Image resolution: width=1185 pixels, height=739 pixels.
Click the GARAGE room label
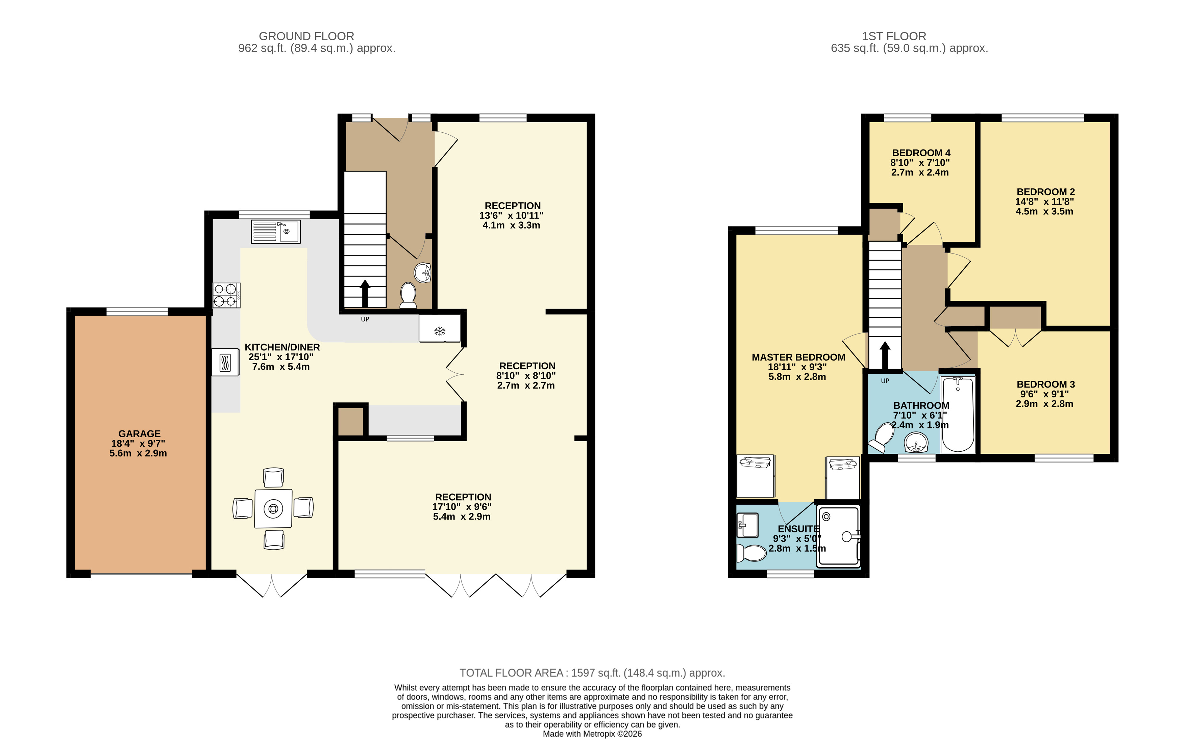tap(140, 433)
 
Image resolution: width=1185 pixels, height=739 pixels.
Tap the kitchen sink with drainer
tap(276, 232)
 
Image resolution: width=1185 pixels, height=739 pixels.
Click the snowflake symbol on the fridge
tap(440, 332)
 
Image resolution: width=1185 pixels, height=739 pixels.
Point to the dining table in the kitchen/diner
tap(273, 509)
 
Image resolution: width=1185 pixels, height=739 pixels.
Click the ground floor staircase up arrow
tap(364, 294)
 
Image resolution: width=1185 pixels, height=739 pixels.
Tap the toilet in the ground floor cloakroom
tap(408, 295)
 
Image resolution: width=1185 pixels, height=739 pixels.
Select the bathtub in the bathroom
tap(958, 415)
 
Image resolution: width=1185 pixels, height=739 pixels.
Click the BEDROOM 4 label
tap(921, 153)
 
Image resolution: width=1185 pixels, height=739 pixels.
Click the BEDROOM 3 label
tap(1045, 385)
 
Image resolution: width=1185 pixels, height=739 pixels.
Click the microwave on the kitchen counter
tap(225, 362)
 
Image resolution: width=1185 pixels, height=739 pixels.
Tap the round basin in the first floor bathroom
tap(916, 443)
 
